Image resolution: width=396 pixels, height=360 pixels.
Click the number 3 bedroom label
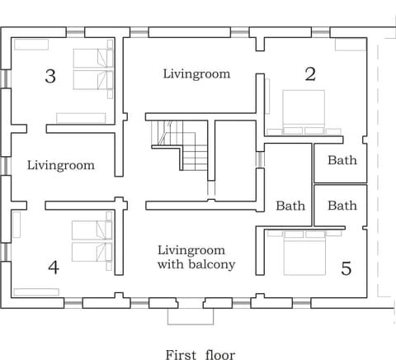(50, 77)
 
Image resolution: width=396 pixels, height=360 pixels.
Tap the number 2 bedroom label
(310, 74)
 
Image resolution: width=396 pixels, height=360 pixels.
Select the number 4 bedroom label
(54, 268)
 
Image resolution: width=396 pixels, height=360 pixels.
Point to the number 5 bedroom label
(346, 268)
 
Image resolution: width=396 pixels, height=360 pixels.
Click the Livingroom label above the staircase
(196, 74)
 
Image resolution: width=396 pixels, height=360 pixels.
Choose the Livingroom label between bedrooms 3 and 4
(60, 165)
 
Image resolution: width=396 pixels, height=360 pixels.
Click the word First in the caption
(181, 354)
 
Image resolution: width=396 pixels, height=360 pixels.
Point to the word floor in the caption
(219, 354)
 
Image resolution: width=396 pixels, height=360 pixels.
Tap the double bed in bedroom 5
(304, 252)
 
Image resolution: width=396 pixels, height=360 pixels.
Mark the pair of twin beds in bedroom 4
(92, 240)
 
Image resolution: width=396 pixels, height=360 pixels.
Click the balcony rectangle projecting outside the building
(191, 315)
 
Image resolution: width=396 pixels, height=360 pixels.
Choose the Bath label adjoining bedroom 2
(342, 160)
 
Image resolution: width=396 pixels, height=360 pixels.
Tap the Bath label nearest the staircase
(290, 206)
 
